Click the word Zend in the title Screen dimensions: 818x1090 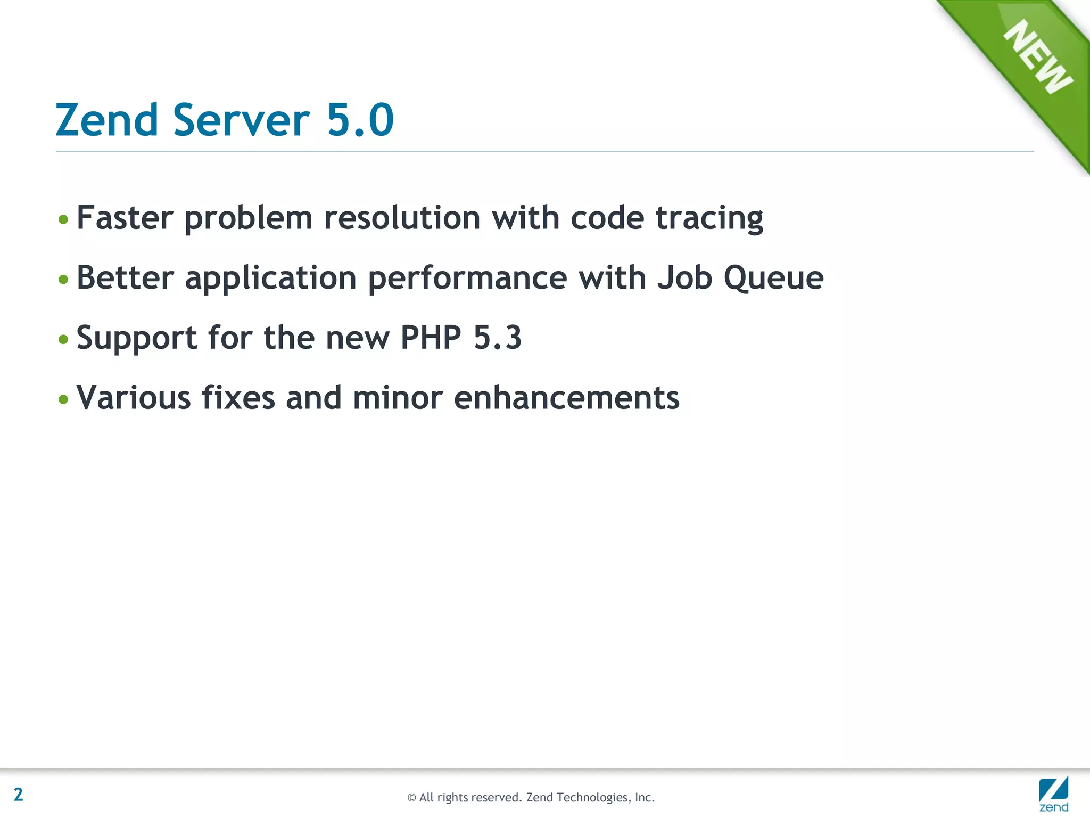[x=107, y=120]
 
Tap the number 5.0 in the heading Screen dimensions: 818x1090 [x=360, y=120]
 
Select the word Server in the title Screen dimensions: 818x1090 [x=241, y=120]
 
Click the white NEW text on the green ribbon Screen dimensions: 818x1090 [x=1038, y=57]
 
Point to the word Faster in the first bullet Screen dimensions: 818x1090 [x=125, y=218]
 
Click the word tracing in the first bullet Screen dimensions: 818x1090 [x=709, y=219]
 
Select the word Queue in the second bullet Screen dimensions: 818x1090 [x=774, y=278]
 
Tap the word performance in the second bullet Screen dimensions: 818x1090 [x=468, y=279]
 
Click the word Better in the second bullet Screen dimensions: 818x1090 [x=125, y=278]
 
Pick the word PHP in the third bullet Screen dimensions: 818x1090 [x=431, y=338]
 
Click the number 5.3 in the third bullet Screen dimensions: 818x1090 [x=498, y=338]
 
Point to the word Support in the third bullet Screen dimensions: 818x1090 [x=137, y=339]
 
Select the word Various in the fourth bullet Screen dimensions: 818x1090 [x=134, y=398]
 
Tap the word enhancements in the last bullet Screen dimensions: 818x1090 [x=567, y=398]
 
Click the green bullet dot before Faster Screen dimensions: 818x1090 [x=63, y=219]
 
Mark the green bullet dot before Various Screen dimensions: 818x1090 [x=63, y=399]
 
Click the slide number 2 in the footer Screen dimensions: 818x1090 [x=19, y=795]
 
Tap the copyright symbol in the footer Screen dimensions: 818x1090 [x=411, y=798]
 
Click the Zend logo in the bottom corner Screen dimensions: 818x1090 [x=1053, y=794]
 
